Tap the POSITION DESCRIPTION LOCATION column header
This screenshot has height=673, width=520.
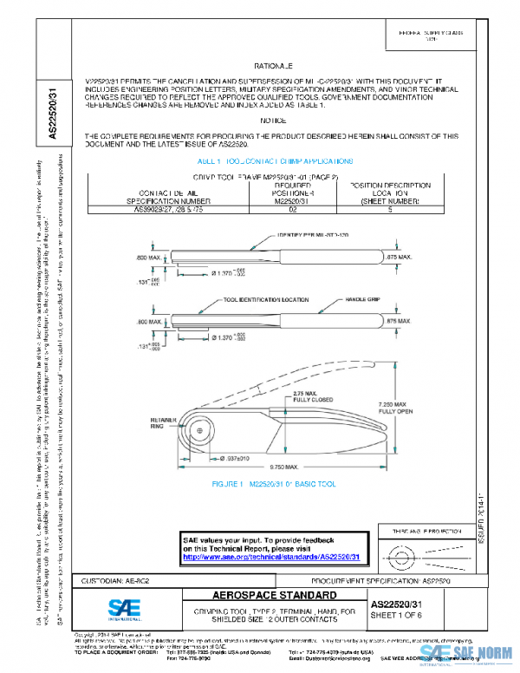pyautogui.click(x=389, y=193)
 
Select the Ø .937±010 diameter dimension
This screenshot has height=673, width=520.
pyautogui.click(x=232, y=457)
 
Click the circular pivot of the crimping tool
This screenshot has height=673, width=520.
pyautogui.click(x=200, y=428)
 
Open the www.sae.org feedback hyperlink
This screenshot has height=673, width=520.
pyautogui.click(x=272, y=559)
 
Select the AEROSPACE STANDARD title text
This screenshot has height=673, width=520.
pyautogui.click(x=262, y=597)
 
